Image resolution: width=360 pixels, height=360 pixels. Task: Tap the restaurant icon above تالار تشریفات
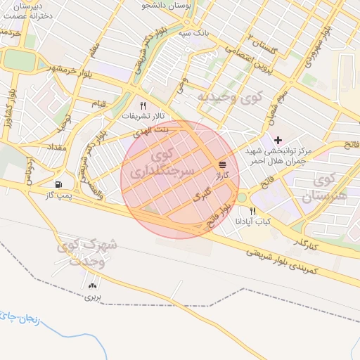pos(143,105)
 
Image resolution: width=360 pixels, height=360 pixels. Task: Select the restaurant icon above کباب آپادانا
pos(252,211)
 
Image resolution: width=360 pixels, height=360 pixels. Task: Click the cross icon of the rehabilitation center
pos(278,139)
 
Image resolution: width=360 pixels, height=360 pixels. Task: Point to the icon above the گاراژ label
pos(222,162)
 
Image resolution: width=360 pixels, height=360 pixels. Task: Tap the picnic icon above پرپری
pos(94,285)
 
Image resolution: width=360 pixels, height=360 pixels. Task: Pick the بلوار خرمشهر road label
pos(52,70)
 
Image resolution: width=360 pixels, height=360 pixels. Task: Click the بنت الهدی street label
pos(153,131)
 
